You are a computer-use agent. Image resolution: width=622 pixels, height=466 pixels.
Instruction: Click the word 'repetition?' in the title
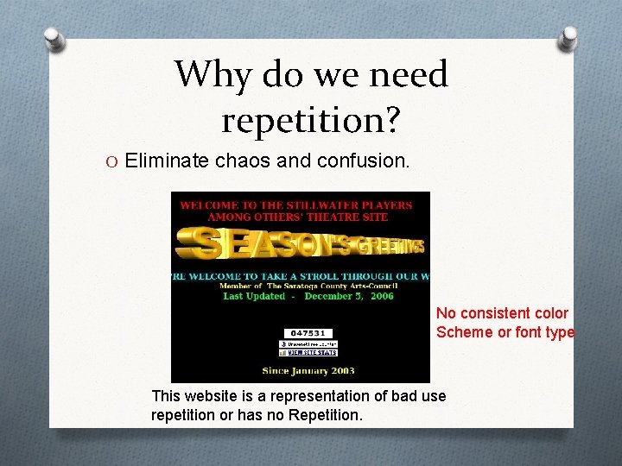(x=311, y=120)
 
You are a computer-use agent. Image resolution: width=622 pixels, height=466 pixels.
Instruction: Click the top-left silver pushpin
(x=54, y=39)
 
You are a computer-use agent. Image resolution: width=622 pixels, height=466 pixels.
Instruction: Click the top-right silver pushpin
(x=568, y=38)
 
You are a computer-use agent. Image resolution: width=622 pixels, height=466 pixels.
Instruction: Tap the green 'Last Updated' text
(x=254, y=296)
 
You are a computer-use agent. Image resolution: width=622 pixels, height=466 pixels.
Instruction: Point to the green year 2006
(x=381, y=296)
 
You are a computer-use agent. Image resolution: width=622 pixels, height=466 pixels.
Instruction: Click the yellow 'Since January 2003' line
(x=308, y=371)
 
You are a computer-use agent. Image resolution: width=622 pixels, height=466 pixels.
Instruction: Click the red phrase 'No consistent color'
(x=502, y=313)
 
